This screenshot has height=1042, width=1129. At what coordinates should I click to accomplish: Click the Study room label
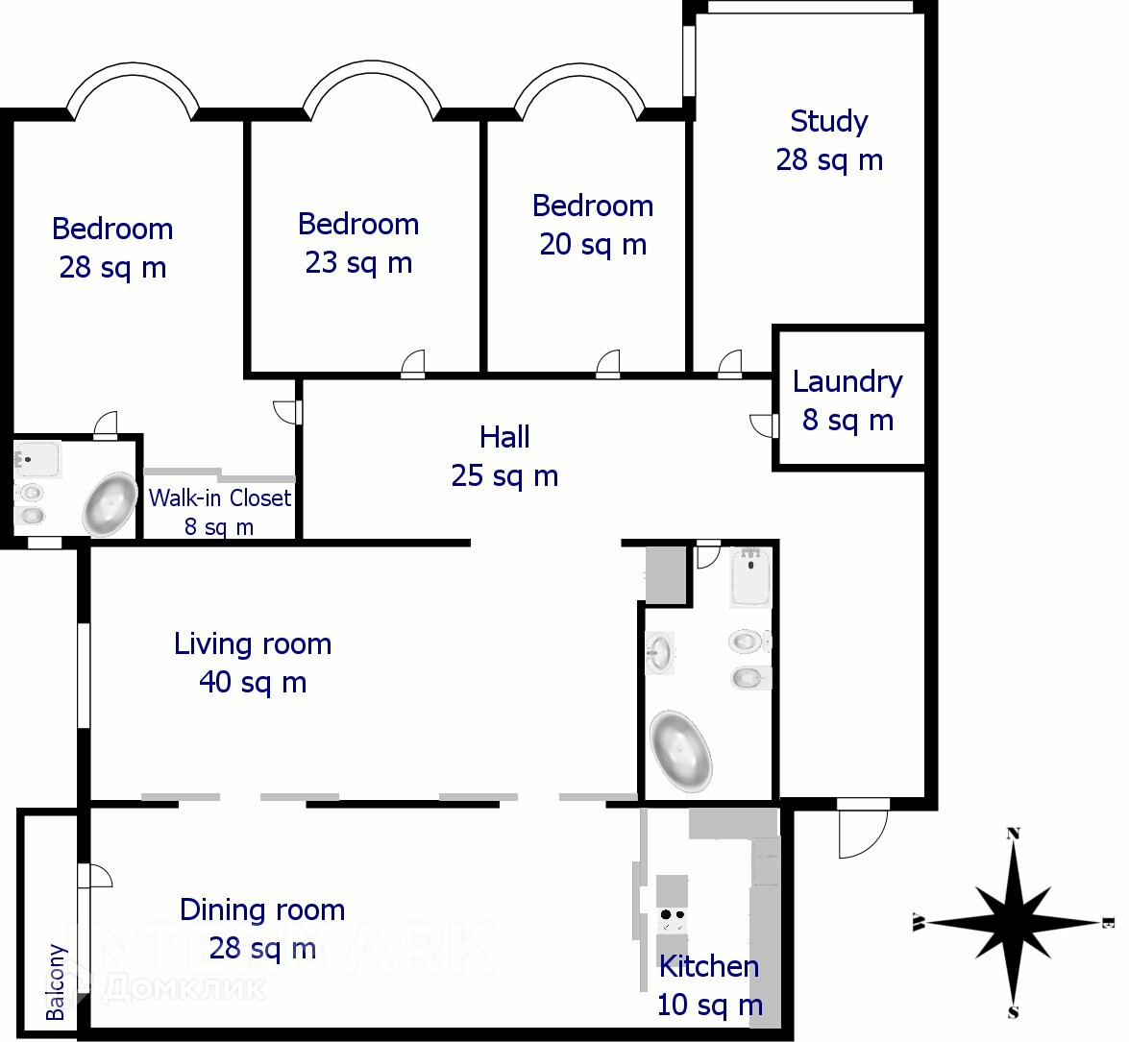tap(829, 121)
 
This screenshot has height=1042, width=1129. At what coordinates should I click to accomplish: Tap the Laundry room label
tap(847, 381)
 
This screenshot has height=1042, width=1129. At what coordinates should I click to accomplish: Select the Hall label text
tap(504, 437)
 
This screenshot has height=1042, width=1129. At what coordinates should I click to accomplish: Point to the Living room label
tap(253, 643)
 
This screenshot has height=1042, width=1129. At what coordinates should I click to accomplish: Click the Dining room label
tap(262, 909)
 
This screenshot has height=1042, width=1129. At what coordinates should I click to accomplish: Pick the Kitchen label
tap(708, 966)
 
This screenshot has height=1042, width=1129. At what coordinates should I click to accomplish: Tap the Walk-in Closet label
tap(220, 497)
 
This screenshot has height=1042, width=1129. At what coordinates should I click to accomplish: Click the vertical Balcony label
tap(56, 982)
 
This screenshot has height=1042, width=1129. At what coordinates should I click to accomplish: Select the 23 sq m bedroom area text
tap(358, 262)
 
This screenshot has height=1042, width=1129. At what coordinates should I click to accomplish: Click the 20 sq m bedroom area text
tap(593, 245)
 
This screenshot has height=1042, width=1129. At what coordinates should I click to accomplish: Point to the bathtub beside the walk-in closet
tap(110, 504)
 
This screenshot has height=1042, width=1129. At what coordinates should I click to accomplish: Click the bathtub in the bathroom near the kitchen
tap(680, 751)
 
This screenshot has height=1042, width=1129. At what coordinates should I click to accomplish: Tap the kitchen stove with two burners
tap(673, 920)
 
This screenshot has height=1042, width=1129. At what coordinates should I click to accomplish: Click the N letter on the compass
tap(1013, 834)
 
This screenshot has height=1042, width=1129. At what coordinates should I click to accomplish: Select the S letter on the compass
tap(1013, 1012)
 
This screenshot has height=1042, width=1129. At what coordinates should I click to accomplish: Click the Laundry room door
tap(763, 425)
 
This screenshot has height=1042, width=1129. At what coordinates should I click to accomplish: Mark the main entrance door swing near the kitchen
tap(863, 828)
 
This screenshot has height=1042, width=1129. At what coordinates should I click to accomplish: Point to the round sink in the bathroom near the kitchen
tap(659, 653)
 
